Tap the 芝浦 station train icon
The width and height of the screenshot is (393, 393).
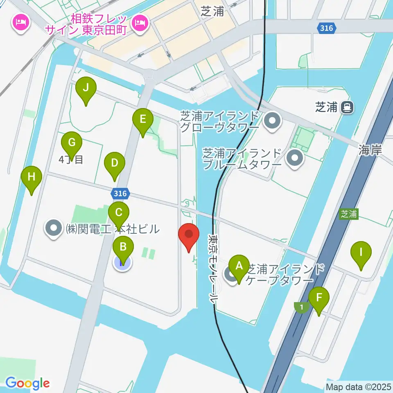[x=348, y=107]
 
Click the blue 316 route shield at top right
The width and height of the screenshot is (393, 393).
[x=327, y=28]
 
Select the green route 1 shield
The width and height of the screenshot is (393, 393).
[x=301, y=307]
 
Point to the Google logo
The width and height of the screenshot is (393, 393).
[x=27, y=383]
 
